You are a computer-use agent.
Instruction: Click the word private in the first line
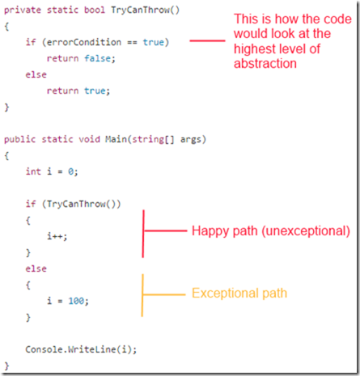pyautogui.click(x=23, y=11)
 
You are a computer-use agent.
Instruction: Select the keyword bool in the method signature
pyautogui.click(x=95, y=10)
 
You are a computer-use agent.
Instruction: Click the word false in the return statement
pyautogui.click(x=97, y=58)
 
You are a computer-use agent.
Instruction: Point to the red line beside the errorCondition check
pyautogui.click(x=207, y=40)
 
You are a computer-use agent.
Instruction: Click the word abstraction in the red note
pyautogui.click(x=265, y=64)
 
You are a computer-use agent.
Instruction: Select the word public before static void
pyautogui.click(x=19, y=140)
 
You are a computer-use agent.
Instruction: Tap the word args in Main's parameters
pyautogui.click(x=191, y=140)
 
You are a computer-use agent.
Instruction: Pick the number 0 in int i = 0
pyautogui.click(x=70, y=171)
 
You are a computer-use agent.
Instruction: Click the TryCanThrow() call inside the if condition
pyautogui.click(x=81, y=204)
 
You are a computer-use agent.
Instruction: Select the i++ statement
pyautogui.click(x=57, y=236)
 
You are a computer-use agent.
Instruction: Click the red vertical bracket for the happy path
pyautogui.click(x=143, y=234)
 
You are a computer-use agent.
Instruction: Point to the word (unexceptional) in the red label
pyautogui.click(x=306, y=231)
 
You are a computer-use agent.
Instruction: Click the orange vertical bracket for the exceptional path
pyautogui.click(x=142, y=295)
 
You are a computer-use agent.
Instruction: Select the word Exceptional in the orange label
pyautogui.click(x=225, y=293)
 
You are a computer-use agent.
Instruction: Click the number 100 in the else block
pyautogui.click(x=76, y=301)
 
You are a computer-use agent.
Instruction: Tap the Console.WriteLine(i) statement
pyautogui.click(x=81, y=349)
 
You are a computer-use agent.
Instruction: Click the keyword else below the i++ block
pyautogui.click(x=36, y=268)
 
